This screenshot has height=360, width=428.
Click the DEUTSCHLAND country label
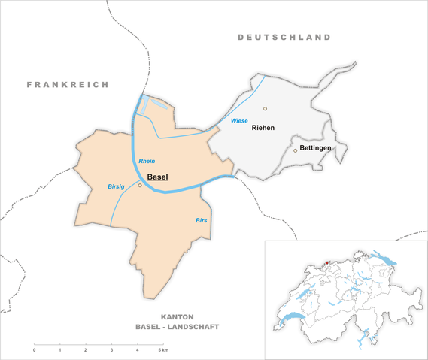click(x=284, y=37)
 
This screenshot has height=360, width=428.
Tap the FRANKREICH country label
click(x=68, y=84)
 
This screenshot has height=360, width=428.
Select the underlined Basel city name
click(x=158, y=177)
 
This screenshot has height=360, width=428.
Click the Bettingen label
click(x=316, y=149)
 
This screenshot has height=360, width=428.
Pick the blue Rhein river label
click(x=147, y=162)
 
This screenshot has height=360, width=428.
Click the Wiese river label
click(x=239, y=120)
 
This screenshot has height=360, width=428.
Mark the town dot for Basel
click(x=140, y=185)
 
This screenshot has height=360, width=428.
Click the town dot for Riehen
click(x=265, y=109)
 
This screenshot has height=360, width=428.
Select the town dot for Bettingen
click(x=295, y=150)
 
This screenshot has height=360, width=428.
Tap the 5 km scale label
click(x=163, y=351)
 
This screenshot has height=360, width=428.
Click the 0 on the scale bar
click(x=34, y=351)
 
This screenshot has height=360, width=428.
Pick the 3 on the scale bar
click(x=111, y=351)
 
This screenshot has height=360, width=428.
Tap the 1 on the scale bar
click(x=59, y=351)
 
